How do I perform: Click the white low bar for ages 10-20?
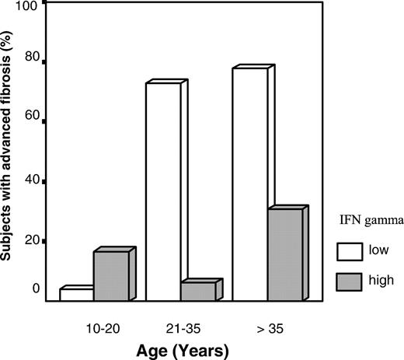(x=76, y=295)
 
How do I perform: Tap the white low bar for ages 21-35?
(x=163, y=191)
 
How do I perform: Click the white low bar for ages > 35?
(x=249, y=184)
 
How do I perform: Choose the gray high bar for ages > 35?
(x=284, y=254)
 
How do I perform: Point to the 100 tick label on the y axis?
(x=28, y=6)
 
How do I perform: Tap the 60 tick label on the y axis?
(x=31, y=121)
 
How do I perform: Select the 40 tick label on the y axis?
(x=31, y=181)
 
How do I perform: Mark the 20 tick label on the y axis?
(x=31, y=241)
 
